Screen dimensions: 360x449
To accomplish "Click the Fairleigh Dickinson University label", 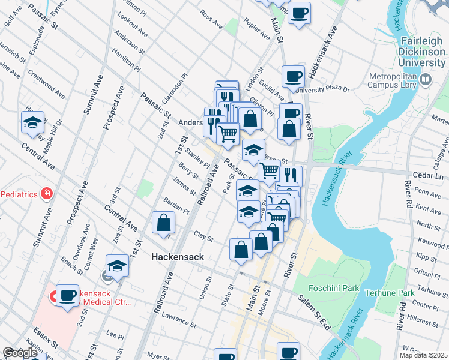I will [423, 51].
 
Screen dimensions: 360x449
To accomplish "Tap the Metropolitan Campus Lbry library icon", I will [426, 79].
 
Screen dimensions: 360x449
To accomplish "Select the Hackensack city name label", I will [178, 257].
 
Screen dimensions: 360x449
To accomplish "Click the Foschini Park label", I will [334, 288].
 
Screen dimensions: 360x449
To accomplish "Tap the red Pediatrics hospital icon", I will [46, 193].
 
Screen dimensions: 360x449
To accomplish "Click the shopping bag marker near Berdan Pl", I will [163, 223].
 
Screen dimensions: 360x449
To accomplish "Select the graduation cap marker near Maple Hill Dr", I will [32, 123].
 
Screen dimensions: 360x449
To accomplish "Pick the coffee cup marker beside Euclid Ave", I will [293, 76].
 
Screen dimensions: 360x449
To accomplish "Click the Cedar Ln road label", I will [427, 178].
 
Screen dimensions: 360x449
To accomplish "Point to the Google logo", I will [20, 353].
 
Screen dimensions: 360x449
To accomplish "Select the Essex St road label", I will [46, 335].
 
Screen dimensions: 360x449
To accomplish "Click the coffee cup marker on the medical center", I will [67, 295].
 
